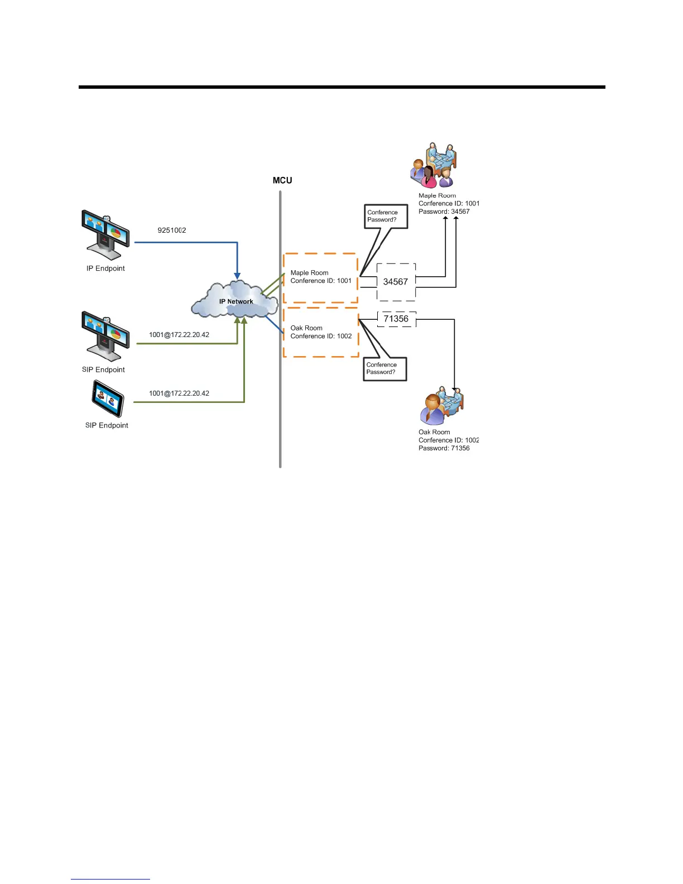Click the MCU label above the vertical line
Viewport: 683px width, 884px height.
(x=282, y=180)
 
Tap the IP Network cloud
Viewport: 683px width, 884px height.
(x=235, y=300)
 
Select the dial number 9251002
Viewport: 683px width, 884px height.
(x=172, y=230)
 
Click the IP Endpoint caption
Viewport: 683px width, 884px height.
(x=105, y=268)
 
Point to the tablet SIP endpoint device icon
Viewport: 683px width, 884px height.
(x=108, y=398)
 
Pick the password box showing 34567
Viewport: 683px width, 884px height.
(x=396, y=282)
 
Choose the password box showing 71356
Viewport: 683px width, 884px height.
(x=396, y=319)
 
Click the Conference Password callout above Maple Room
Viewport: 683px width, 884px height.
(x=386, y=216)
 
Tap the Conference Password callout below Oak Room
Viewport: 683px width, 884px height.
(x=384, y=368)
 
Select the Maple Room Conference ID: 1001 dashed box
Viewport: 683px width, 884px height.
(x=320, y=277)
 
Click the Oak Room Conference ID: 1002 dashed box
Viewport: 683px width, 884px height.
(x=321, y=332)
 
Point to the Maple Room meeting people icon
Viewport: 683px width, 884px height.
(x=434, y=166)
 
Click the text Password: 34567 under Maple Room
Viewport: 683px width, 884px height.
(x=444, y=212)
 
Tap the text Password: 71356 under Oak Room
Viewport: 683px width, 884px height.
(x=444, y=448)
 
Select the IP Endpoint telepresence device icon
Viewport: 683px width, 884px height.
(x=105, y=235)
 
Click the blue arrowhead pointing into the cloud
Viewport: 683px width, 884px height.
(x=237, y=276)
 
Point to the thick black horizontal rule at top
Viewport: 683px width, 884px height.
(x=341, y=87)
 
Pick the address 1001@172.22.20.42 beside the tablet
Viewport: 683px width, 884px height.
(x=179, y=393)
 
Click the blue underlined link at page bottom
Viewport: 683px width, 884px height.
(x=110, y=879)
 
